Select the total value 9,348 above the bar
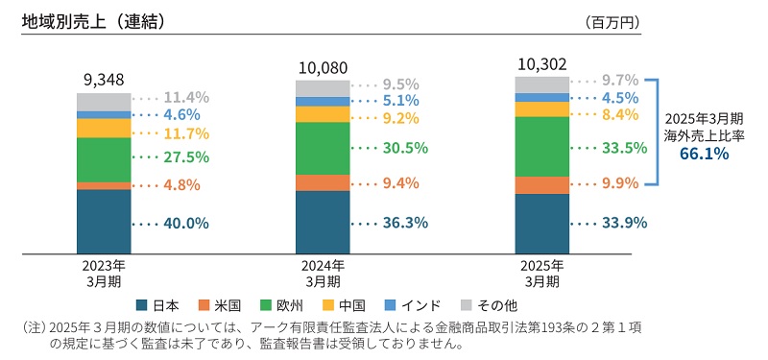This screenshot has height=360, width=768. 104,80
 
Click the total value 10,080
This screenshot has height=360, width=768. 323,67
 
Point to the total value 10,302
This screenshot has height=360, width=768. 542,62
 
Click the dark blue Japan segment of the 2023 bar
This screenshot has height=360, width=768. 104,222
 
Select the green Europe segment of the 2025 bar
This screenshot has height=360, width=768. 542,146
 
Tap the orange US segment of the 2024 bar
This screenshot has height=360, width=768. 323,182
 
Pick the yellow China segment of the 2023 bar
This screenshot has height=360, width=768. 104,128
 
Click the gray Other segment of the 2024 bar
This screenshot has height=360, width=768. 323,88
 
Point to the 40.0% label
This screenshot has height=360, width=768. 186,223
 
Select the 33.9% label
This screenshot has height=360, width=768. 624,223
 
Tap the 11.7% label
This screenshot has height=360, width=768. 186,133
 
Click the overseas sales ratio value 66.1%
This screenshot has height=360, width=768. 704,153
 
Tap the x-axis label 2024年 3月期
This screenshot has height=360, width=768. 323,274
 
